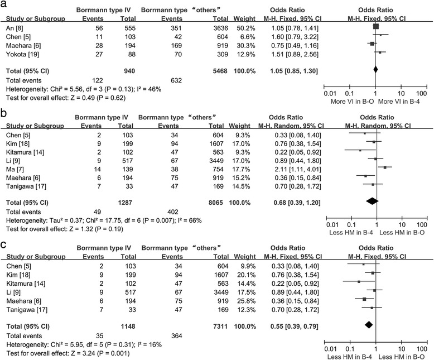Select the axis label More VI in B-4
[401, 103]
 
